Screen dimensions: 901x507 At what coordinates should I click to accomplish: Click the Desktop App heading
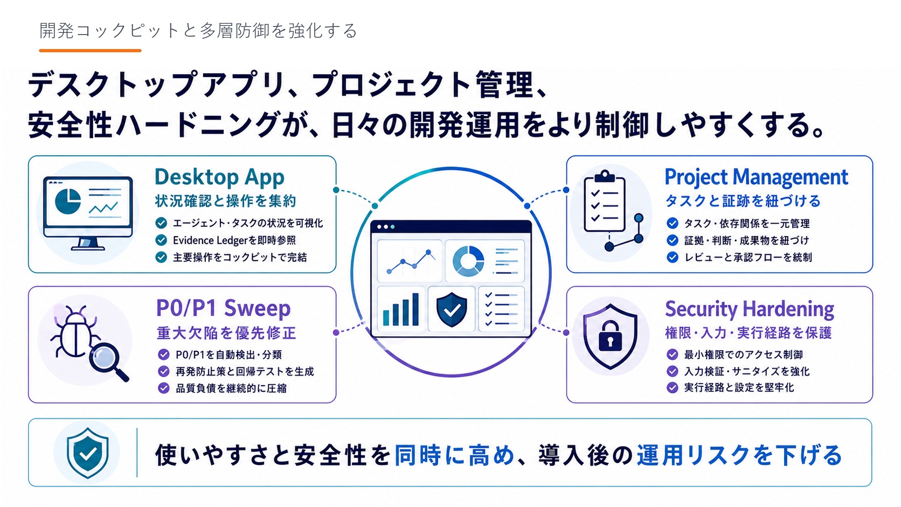(219, 178)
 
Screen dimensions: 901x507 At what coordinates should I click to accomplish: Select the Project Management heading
(756, 178)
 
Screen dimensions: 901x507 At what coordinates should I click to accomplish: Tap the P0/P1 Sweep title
(223, 308)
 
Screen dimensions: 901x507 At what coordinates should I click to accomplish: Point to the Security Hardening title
(750, 309)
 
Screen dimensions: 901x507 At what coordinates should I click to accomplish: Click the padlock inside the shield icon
(610, 335)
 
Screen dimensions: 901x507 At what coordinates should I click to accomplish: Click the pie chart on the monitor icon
(67, 201)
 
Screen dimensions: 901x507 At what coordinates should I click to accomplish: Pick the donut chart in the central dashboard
(468, 261)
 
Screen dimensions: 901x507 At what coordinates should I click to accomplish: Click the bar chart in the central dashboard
(401, 309)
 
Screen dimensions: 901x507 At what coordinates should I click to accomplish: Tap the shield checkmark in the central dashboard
(452, 309)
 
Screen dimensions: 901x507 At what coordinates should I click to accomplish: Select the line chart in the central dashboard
(410, 261)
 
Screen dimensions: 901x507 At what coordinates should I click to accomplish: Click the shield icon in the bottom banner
(88, 453)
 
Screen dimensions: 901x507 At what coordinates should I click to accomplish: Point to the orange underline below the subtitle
(90, 51)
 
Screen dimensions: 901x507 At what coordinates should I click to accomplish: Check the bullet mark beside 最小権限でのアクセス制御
(672, 354)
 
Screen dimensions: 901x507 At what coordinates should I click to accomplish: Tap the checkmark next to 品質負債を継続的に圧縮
(163, 388)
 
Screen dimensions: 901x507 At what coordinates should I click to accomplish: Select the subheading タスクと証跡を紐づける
(743, 200)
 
